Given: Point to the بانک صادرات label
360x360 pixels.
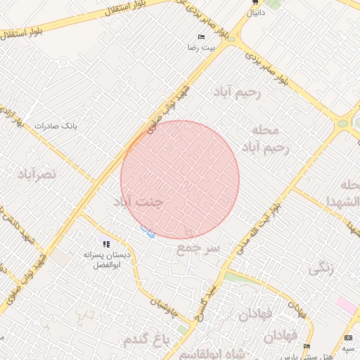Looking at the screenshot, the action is [x=59, y=126].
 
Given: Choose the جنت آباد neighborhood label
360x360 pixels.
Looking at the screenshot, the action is [x=138, y=202].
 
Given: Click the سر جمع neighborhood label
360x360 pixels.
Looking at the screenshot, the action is [x=198, y=248].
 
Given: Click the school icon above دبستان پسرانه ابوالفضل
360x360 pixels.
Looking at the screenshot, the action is [x=106, y=243].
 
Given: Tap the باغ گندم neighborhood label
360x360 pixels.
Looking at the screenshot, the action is [x=147, y=340].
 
